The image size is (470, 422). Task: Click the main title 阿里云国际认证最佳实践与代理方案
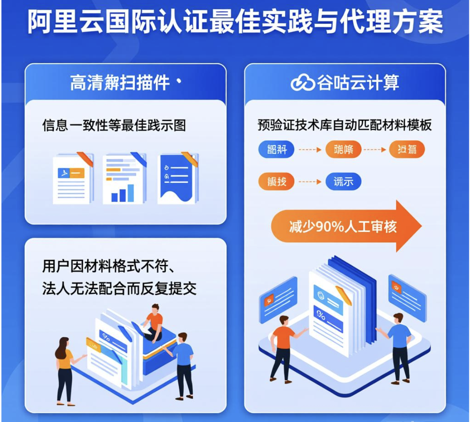coord(235,22)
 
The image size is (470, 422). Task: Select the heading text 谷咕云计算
coord(358,82)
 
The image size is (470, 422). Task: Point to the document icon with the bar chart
coord(124,179)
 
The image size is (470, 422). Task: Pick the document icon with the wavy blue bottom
coord(177,179)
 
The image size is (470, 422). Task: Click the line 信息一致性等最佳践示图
coord(114,125)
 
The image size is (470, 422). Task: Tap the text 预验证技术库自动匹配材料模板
coord(344,125)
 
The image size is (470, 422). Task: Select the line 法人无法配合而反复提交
coord(119,289)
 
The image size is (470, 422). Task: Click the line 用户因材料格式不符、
coord(111,266)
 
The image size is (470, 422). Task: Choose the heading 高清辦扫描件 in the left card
coord(120,83)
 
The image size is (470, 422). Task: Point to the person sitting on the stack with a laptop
coord(153,322)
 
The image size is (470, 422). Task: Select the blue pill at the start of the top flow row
coord(276,149)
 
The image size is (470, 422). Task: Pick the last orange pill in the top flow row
coord(407,149)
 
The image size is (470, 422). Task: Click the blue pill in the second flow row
coord(343,182)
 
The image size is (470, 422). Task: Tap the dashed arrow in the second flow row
coord(310,182)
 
